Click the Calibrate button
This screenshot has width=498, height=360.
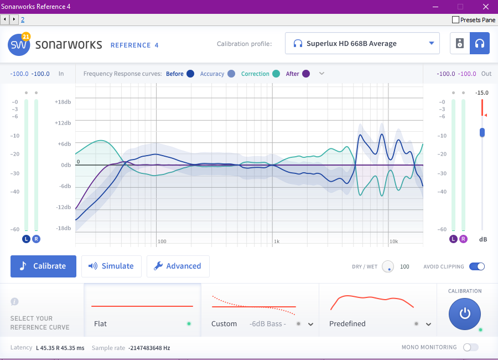click(43, 266)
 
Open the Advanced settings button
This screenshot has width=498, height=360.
click(178, 266)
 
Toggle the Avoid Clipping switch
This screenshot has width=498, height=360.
click(476, 266)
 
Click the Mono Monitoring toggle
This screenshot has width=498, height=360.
click(470, 347)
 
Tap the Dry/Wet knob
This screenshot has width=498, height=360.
click(388, 266)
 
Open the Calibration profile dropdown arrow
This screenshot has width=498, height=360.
click(432, 44)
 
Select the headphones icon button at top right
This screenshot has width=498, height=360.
click(480, 44)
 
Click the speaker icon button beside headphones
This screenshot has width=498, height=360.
click(460, 44)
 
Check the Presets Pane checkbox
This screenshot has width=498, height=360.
click(456, 20)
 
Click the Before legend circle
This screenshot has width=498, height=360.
click(190, 74)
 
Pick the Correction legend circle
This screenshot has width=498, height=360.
click(276, 74)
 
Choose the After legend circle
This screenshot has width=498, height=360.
click(306, 74)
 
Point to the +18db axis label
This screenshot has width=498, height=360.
click(63, 102)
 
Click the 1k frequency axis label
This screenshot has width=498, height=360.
click(277, 241)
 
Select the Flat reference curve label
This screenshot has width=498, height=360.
click(101, 323)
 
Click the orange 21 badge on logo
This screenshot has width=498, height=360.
click(25, 37)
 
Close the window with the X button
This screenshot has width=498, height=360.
click(485, 7)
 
